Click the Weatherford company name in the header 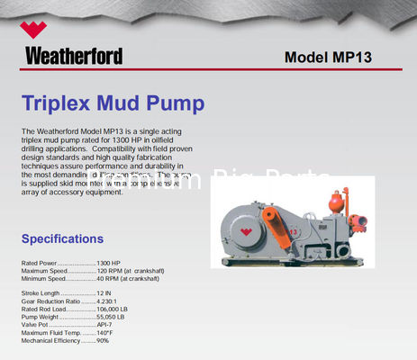pos(74,56)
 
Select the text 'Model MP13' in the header pos(328,57)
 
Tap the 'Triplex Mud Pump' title pos(113,103)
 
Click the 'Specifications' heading pos(62,238)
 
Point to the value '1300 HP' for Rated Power pos(110,262)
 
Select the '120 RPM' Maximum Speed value pos(110,271)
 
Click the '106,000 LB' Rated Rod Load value pos(114,309)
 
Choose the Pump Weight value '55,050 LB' pos(113,317)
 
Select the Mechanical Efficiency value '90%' pos(103,341)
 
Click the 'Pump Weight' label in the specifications pos(40,317)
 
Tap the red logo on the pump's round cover pos(245,231)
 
